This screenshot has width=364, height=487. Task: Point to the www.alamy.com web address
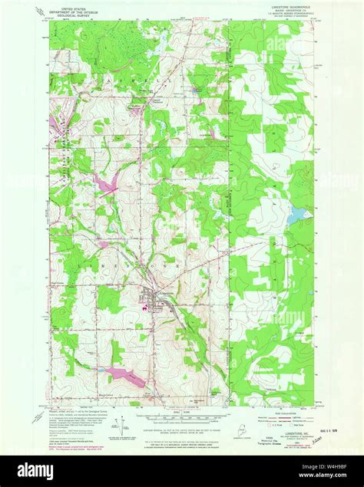(x=330, y=477)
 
